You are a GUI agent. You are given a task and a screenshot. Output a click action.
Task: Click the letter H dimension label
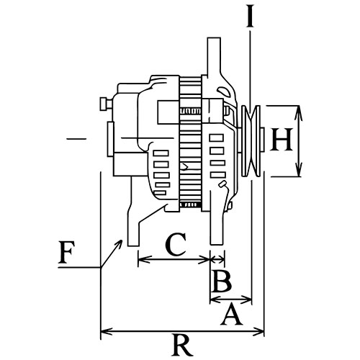[282, 139]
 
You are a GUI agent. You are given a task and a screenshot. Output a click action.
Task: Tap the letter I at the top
[250, 15]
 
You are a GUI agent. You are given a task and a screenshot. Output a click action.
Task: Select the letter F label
[66, 252]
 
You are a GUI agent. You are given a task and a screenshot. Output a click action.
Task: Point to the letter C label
[176, 244]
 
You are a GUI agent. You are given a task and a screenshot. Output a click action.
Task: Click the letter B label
[222, 282]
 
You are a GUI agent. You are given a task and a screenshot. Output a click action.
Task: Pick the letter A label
[231, 314]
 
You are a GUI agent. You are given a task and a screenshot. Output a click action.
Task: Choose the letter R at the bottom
[182, 345]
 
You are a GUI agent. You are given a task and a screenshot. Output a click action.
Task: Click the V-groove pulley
[251, 141]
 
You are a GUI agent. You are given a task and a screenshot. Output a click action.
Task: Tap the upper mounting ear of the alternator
[214, 58]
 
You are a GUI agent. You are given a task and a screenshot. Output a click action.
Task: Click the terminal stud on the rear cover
[106, 104]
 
